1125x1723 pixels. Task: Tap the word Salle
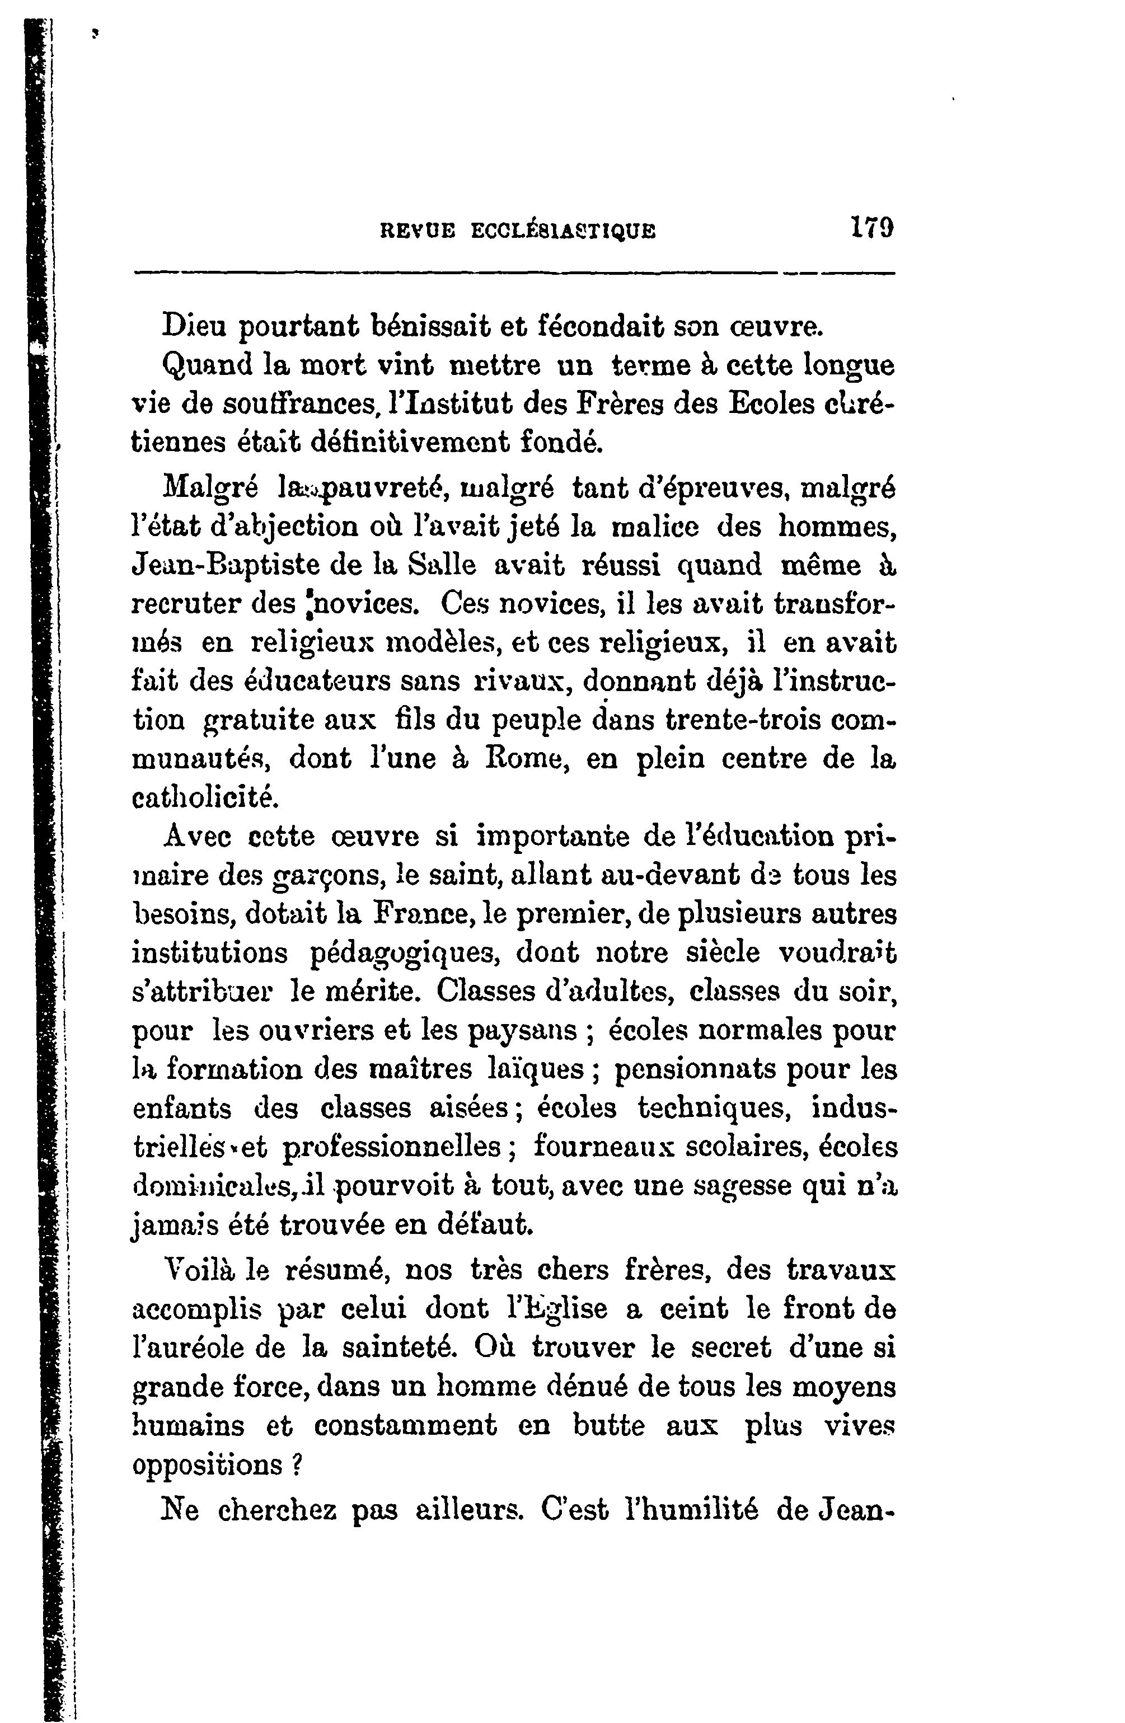tap(442, 565)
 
